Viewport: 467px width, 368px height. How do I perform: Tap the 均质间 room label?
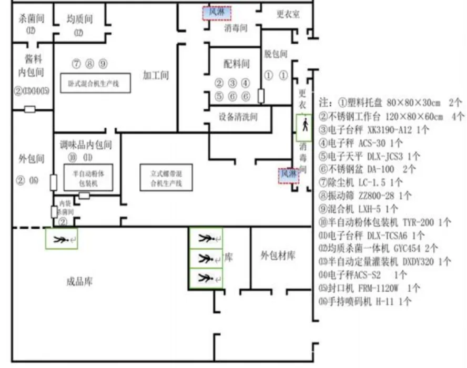click(79, 19)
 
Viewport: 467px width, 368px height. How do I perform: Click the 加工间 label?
click(156, 75)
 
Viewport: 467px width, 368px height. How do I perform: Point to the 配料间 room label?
click(236, 64)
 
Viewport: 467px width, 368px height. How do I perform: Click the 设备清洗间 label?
click(239, 117)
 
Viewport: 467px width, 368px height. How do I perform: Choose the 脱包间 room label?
click(276, 54)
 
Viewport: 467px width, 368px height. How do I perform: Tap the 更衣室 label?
click(288, 14)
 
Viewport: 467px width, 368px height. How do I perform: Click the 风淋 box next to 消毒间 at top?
click(217, 12)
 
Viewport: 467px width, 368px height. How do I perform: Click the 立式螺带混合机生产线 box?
click(166, 177)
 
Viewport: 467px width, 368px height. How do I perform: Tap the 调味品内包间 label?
click(87, 144)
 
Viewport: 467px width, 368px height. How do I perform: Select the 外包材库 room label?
click(278, 256)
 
